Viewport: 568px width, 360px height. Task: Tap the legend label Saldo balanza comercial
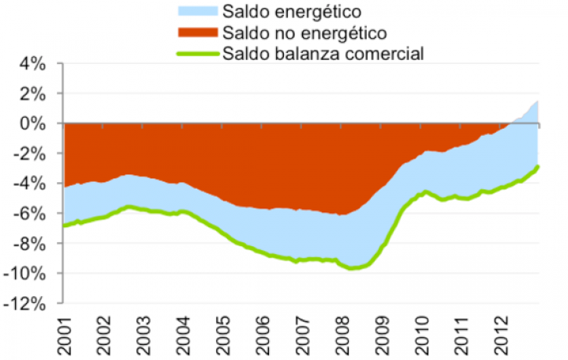(323, 54)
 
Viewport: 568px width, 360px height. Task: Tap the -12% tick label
(31, 303)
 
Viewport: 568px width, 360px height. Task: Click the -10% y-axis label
(31, 273)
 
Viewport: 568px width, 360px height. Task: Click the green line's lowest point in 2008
(353, 268)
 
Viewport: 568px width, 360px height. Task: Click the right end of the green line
(538, 166)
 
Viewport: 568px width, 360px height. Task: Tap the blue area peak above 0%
(537, 102)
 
